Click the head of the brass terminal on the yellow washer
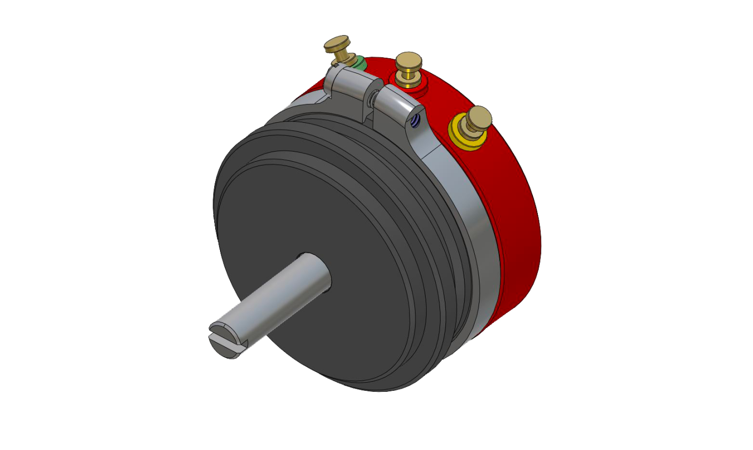tap(479, 115)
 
